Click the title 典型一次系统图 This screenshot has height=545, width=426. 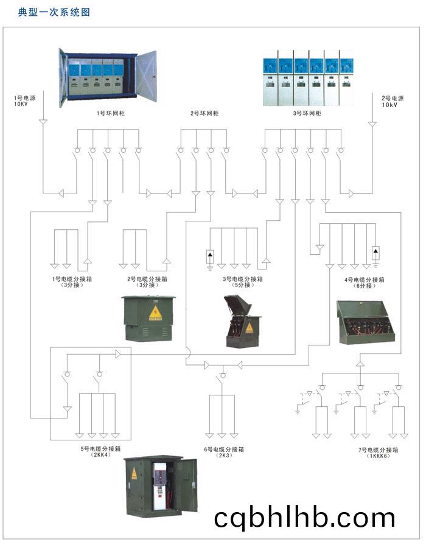click(x=54, y=12)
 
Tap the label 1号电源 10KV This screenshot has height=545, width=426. click(x=25, y=101)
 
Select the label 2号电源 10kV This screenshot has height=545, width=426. click(x=393, y=102)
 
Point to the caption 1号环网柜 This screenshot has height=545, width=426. click(x=111, y=113)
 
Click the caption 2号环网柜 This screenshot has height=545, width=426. click(x=204, y=113)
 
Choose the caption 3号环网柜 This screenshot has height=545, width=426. click(x=307, y=113)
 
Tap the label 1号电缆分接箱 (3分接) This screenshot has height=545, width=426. click(x=72, y=282)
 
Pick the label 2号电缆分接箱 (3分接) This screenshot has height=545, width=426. click(x=147, y=282)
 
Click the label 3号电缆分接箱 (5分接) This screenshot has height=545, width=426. click(x=243, y=282)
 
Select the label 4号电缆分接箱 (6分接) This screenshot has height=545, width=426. click(x=365, y=283)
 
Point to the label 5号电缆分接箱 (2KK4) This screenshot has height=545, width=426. click(x=100, y=451)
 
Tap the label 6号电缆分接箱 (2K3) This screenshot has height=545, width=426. click(x=224, y=452)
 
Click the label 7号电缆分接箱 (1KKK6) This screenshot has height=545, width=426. click(x=379, y=453)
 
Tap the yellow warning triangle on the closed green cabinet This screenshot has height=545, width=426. click(x=155, y=313)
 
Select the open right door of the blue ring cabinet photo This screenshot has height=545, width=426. click(x=146, y=76)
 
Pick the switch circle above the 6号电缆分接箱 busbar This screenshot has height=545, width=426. click(x=223, y=375)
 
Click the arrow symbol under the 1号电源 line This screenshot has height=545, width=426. click(x=43, y=122)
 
